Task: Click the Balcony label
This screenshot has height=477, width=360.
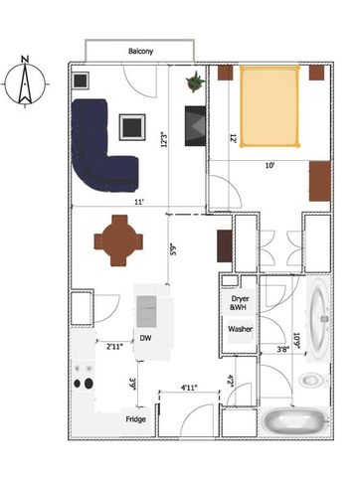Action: point(139,52)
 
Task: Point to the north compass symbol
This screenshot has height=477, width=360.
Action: point(25,85)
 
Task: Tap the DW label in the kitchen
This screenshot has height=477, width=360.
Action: point(145,337)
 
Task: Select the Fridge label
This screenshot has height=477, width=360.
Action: point(137,419)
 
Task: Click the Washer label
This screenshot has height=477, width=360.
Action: point(240,328)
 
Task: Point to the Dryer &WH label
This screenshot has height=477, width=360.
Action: point(240,303)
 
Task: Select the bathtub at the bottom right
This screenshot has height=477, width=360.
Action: point(295,421)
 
